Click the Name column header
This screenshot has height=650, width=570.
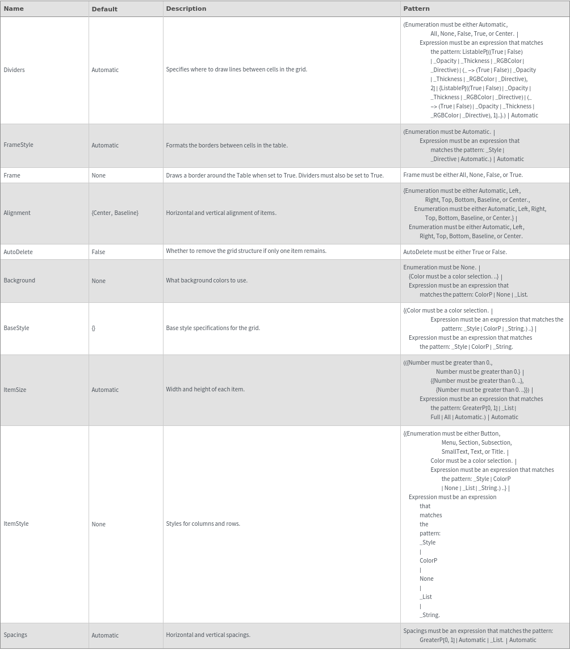click(14, 9)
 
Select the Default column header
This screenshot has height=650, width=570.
click(104, 9)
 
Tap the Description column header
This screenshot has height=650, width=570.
click(186, 9)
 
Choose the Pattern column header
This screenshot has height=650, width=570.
click(416, 9)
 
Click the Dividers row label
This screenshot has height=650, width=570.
click(14, 70)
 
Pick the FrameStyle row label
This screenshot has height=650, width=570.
click(18, 145)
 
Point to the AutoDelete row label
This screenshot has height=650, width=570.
click(18, 252)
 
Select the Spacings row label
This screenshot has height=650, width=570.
click(15, 635)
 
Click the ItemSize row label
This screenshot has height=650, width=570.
click(15, 390)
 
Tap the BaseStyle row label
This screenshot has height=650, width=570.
click(16, 328)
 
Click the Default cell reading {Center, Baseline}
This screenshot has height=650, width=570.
click(115, 213)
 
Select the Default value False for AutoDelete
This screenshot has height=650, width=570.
click(98, 252)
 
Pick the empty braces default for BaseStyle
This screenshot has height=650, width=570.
click(94, 328)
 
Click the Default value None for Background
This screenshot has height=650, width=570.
click(98, 281)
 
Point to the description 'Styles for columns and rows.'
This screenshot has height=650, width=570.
click(203, 524)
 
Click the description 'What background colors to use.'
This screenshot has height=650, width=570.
click(207, 280)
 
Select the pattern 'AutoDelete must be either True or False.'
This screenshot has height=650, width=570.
click(455, 252)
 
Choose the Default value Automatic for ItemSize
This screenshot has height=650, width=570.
click(105, 390)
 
